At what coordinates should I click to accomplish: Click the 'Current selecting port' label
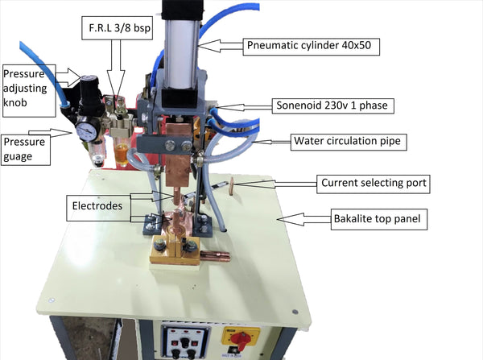[x=373, y=184]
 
